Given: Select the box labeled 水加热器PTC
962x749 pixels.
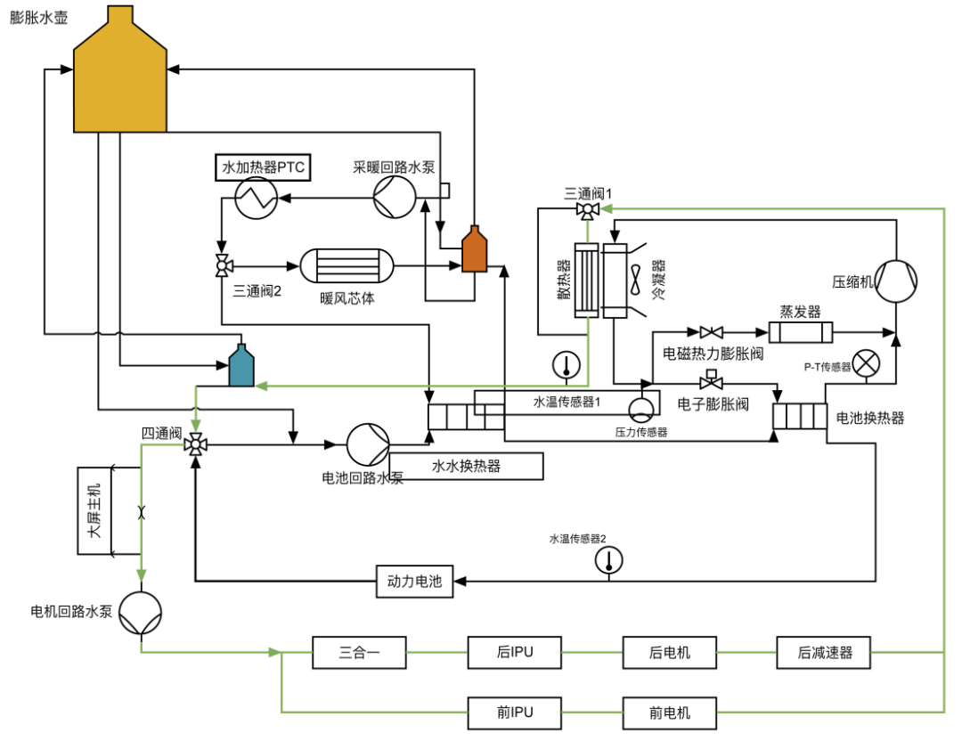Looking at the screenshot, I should coord(263,167).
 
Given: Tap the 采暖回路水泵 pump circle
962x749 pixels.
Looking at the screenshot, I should coord(394,196).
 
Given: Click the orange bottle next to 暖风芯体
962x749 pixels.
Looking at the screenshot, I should coord(475,250).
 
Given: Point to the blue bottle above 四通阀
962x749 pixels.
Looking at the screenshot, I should coord(240,366).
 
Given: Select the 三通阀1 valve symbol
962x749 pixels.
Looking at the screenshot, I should coord(587,210).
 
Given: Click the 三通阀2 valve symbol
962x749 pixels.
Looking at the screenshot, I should coord(222,265).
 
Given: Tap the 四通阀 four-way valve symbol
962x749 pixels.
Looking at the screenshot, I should coord(194,444).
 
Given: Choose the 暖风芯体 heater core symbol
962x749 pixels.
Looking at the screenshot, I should coord(346,266).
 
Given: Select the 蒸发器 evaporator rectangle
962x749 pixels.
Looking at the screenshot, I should coord(800,332).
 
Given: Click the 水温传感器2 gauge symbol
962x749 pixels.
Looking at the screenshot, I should coord(609,559).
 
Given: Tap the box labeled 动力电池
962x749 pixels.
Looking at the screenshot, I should coord(414,582).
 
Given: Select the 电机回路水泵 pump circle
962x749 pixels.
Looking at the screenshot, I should coord(142,613).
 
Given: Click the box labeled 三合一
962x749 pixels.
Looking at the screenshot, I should coord(359,653).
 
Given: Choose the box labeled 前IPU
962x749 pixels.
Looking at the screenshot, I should coord(515,712).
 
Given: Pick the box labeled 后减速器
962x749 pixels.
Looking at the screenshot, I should coord(824,653).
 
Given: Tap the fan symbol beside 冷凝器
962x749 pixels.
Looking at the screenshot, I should coord(636,281).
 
